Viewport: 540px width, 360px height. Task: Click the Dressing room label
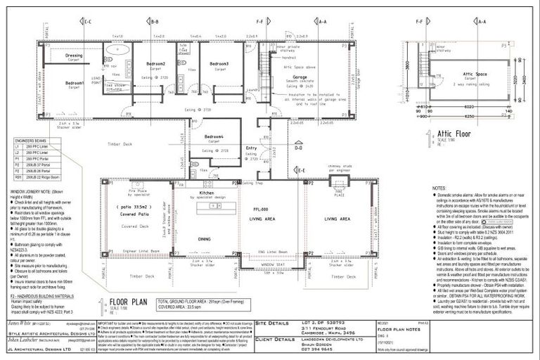tap(74, 54)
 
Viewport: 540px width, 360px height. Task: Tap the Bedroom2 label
tap(156, 64)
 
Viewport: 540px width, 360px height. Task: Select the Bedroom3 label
tap(219, 64)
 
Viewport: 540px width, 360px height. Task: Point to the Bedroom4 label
tap(214, 136)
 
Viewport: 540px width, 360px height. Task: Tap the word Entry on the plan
tap(251, 148)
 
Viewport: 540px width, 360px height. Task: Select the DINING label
tap(204, 239)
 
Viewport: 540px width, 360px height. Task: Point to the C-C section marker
tap(86, 22)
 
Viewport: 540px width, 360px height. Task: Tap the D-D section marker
tap(298, 148)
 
